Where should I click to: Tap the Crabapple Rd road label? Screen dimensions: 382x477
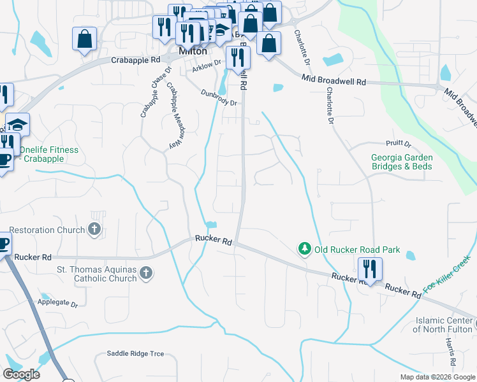pos(135,60)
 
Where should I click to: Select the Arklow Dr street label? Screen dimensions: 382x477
pos(207,63)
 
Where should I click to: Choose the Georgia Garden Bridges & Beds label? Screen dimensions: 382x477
pos(402,162)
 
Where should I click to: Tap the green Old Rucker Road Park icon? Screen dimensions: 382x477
pos(305,248)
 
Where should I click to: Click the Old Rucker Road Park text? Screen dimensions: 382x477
pos(357,250)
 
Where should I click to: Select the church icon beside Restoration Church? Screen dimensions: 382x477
pos(95,229)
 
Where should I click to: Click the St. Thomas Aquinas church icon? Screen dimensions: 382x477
pos(146,274)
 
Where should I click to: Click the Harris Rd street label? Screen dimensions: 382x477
pos(451,351)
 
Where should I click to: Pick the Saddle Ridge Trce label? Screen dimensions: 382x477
pos(135,353)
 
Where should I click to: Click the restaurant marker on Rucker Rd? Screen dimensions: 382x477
pos(370,268)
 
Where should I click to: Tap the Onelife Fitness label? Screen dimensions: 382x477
pos(48,154)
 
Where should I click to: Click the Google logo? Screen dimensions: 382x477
pos(21,374)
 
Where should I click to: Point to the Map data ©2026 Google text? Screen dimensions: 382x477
pos(437,377)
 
